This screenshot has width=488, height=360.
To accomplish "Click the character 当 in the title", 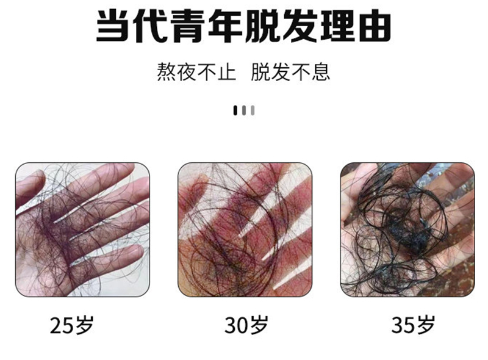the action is pos(112,26).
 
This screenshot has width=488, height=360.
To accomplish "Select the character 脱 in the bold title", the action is pos(262,26).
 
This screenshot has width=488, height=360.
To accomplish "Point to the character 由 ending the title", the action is pos(375,26).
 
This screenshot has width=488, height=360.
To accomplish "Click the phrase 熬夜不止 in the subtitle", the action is pos(196,72).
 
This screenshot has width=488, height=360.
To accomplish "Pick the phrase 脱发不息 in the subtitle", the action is pos(290,72).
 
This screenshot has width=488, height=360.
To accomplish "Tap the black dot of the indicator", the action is pos(235,110).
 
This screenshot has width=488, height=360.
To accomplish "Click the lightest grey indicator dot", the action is pos(253,110).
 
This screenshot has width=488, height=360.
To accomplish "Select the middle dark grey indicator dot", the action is pos(244,110).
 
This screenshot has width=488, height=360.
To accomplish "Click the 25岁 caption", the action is pos(72,325).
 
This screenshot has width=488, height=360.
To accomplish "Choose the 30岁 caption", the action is pos(246,325).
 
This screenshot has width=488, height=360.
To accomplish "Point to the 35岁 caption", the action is pos(413,325).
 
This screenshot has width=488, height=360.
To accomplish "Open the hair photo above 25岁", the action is pos(82,230).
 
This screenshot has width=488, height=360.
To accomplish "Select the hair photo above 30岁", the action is pos(245,230).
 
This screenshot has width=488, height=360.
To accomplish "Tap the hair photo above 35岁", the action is pos(407,230).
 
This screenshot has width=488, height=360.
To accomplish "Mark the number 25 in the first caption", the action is pos(62,326).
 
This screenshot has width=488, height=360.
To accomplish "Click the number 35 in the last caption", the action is pos(403,326).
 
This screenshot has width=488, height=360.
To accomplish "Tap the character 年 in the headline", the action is pos(224,26).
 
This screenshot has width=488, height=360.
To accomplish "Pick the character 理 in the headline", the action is pos(337,26).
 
